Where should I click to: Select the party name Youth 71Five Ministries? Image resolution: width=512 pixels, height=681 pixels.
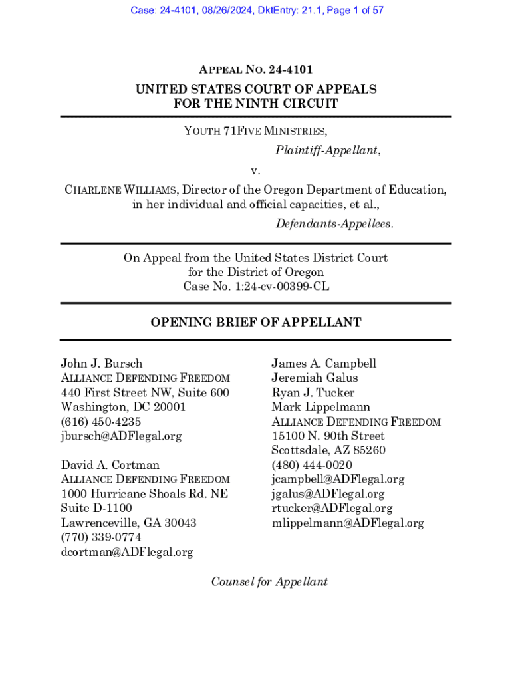255,131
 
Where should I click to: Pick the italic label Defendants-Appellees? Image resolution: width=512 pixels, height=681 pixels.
334,224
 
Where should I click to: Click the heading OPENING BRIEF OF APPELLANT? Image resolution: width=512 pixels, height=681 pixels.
256,323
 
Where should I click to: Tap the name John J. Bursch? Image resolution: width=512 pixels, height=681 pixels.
102,364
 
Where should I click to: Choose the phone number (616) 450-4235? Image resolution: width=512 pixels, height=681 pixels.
101,422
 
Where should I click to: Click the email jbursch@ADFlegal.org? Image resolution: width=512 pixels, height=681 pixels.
121,436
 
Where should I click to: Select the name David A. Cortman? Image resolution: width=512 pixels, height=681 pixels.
110,465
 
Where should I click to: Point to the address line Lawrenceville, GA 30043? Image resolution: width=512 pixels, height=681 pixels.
128,523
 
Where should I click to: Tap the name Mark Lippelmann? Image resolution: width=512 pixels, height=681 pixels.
320,407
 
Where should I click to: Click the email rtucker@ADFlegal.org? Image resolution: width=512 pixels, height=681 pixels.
332,508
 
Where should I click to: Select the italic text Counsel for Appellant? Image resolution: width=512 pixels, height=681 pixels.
269,582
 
